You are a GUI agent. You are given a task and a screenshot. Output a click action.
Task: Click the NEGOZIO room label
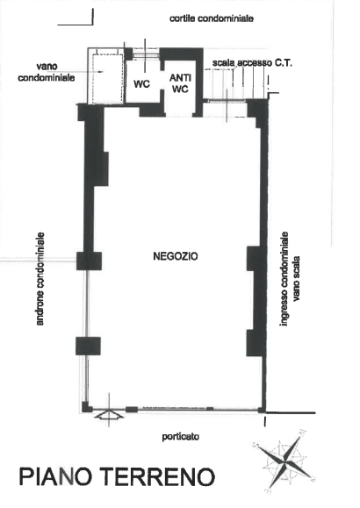pos(175,256)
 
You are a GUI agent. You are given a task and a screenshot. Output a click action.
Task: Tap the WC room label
pos(141,84)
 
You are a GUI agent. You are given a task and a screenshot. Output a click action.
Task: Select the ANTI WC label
pos(180,83)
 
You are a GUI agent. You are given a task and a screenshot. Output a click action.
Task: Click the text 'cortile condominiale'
pos(212,18)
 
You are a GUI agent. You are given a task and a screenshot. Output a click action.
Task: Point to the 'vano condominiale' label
pos(47,72)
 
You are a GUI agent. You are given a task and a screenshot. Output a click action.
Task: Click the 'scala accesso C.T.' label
pos(252,63)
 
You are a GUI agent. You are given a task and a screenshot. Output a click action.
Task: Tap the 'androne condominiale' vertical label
pos(40,279)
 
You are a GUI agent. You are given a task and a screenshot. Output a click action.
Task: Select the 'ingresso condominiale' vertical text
pos(284,279)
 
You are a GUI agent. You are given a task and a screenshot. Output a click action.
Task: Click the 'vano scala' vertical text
pos(296,279)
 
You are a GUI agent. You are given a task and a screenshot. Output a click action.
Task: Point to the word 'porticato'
pos(181,437)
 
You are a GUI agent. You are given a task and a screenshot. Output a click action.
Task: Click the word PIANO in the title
pos(54,476)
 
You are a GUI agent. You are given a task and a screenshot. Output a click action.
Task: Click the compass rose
pos(283,459)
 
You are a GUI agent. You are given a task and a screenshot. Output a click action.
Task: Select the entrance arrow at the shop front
pos(109,415)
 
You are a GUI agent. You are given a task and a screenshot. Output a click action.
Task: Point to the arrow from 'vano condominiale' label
pos(90,72)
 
